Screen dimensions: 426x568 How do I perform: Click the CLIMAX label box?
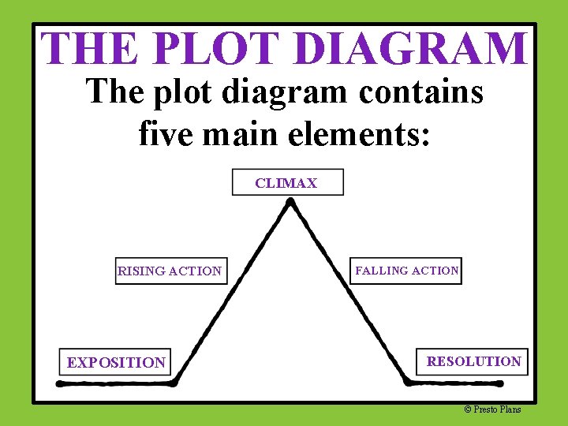click(x=287, y=182)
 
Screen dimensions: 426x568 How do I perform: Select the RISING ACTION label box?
click(x=170, y=271)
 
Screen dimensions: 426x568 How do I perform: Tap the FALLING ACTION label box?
click(x=407, y=271)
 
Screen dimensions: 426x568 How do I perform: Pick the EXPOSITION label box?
click(x=116, y=362)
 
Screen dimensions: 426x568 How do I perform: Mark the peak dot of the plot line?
click(x=290, y=202)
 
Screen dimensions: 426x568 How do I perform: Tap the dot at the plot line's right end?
click(x=499, y=383)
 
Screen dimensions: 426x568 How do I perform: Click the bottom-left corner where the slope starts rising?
click(x=174, y=382)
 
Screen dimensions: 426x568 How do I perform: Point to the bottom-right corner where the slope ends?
click(x=407, y=382)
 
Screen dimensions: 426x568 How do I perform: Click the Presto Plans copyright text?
click(x=493, y=409)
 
